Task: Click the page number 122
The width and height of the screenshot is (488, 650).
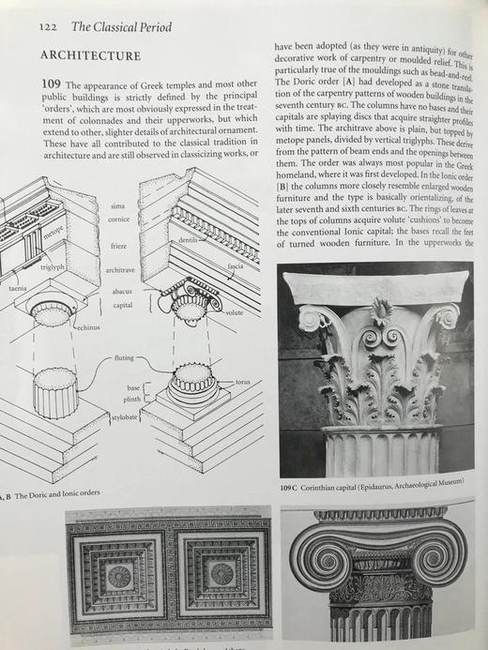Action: click(x=49, y=26)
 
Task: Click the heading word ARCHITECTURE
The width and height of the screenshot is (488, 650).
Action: click(x=90, y=56)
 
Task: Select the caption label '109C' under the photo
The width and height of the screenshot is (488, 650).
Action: click(x=291, y=488)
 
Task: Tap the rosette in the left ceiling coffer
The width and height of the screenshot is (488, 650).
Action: click(x=119, y=575)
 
